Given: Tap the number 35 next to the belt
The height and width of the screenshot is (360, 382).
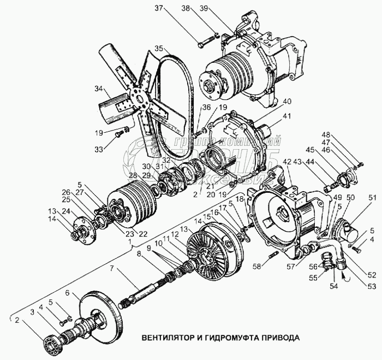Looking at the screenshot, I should tap(159, 48).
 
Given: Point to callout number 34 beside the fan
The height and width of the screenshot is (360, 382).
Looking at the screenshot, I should tap(99, 88).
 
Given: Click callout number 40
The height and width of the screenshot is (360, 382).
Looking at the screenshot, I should tap(287, 101).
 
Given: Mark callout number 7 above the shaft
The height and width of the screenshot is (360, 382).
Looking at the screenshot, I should tap(111, 269).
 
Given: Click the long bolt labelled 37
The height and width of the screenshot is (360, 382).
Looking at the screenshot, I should tap(206, 40).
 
